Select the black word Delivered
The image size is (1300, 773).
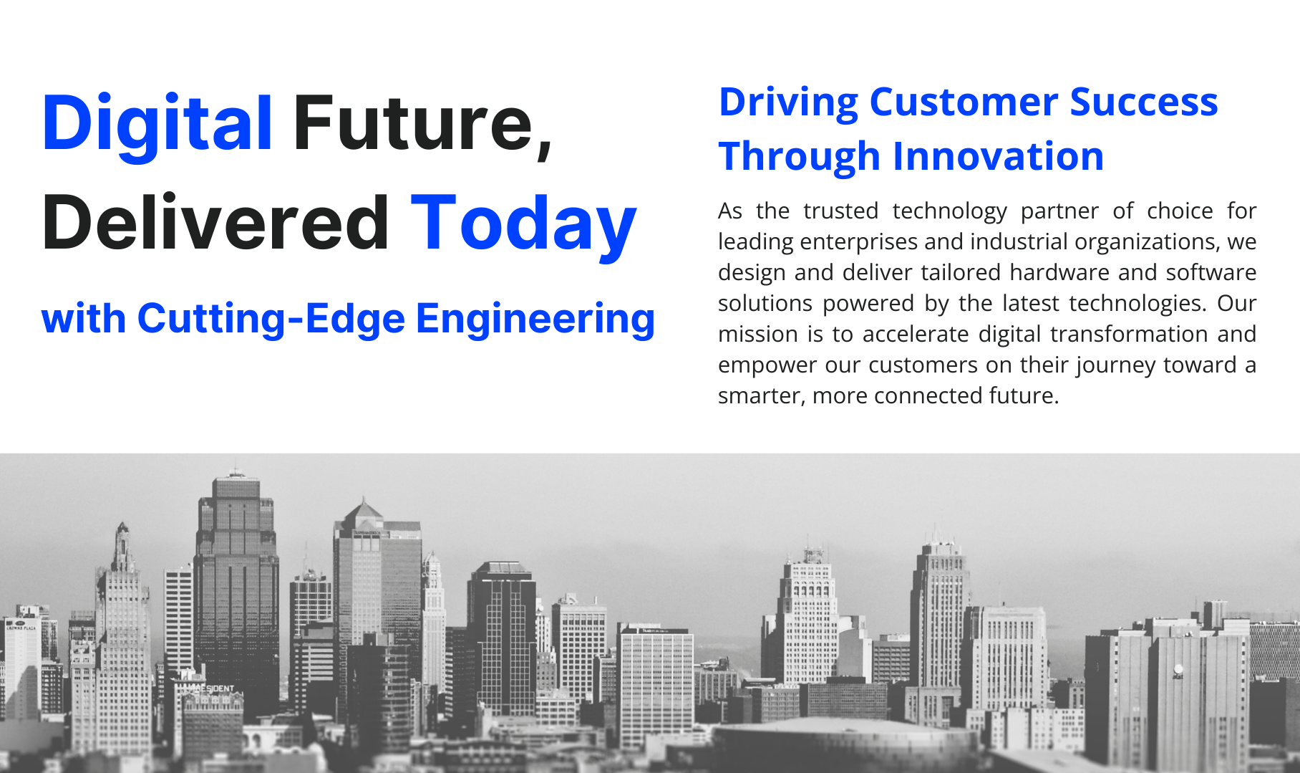coord(215,223)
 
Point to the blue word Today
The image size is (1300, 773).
coord(523,225)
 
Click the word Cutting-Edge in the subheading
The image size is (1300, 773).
coord(271,319)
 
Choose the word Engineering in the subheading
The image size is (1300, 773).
coord(535,320)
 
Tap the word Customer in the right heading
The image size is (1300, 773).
coord(964,102)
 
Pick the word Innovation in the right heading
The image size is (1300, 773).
coord(999,156)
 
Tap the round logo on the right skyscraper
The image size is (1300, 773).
coord(1178,671)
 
